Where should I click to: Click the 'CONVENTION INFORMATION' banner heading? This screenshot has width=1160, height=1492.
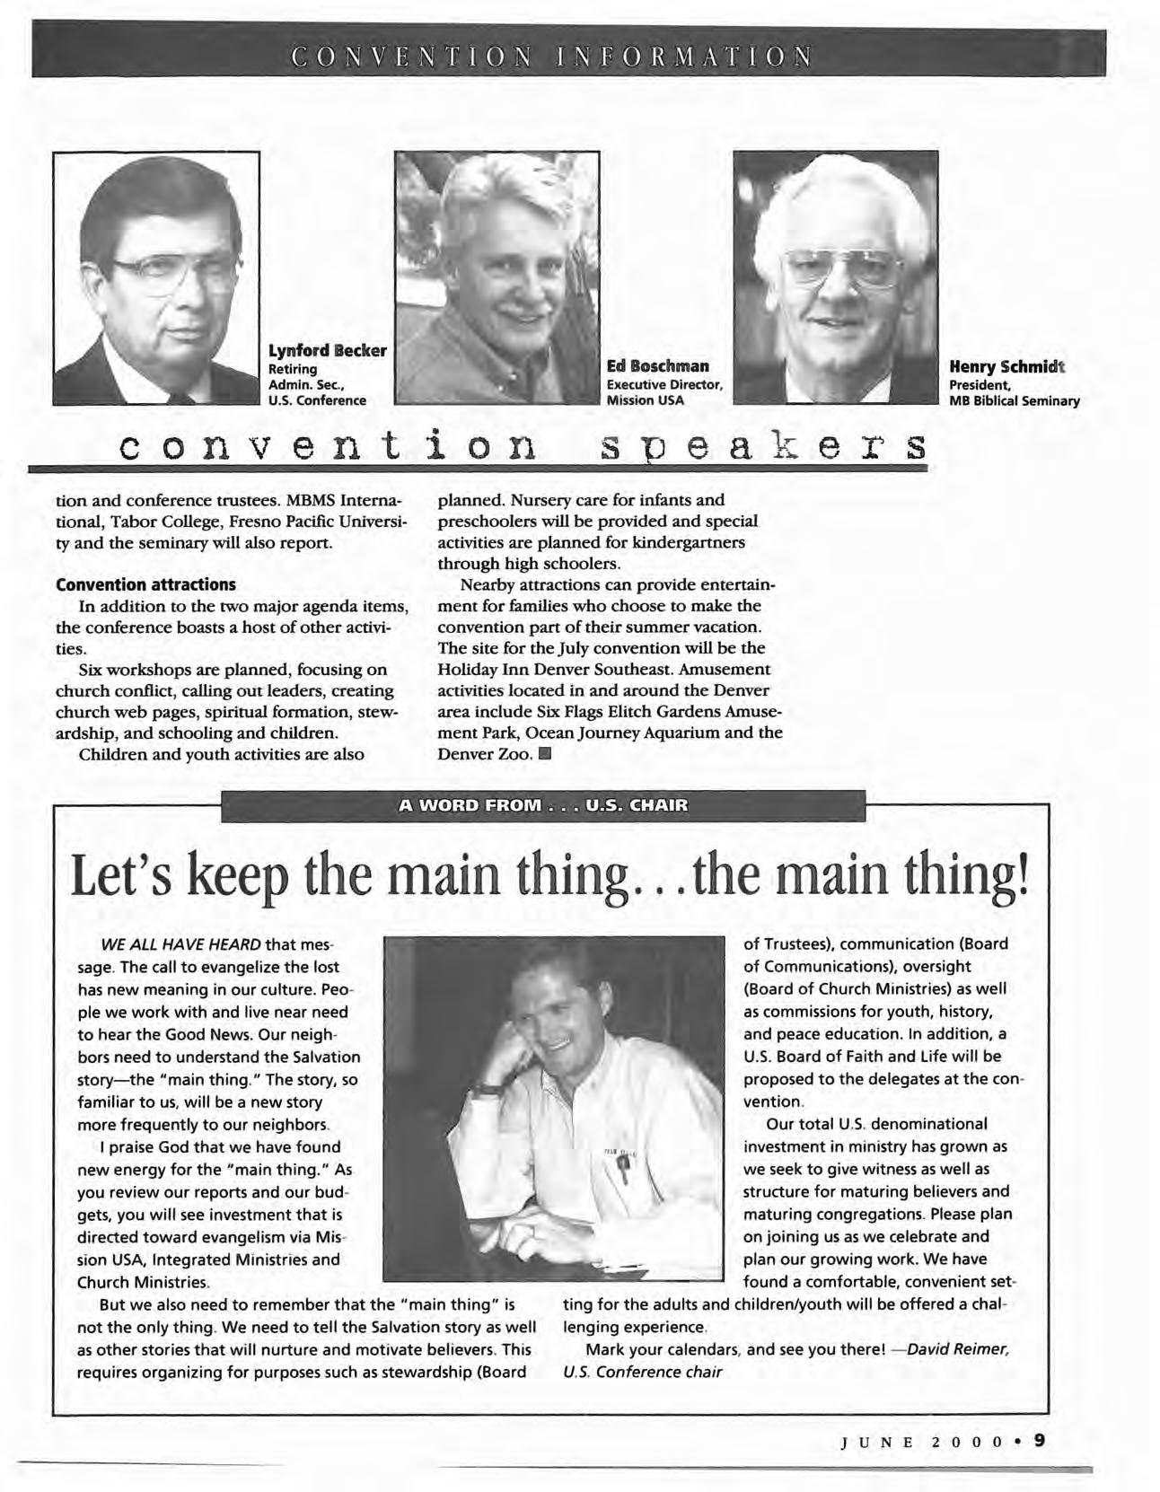(552, 56)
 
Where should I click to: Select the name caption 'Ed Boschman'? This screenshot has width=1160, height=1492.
(657, 365)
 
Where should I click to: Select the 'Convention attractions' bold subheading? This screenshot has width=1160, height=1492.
(145, 584)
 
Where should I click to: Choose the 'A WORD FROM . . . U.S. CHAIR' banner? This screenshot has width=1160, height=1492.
(542, 805)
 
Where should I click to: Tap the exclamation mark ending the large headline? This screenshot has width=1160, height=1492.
(1019, 874)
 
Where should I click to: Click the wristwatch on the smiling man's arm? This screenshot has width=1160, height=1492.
(488, 1089)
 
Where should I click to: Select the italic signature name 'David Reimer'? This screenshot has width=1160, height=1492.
(960, 1349)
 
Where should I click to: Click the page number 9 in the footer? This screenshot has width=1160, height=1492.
(1039, 1439)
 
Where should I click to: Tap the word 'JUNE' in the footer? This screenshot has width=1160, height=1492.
(876, 1441)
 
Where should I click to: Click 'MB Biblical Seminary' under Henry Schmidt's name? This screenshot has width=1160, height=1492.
(1014, 400)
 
